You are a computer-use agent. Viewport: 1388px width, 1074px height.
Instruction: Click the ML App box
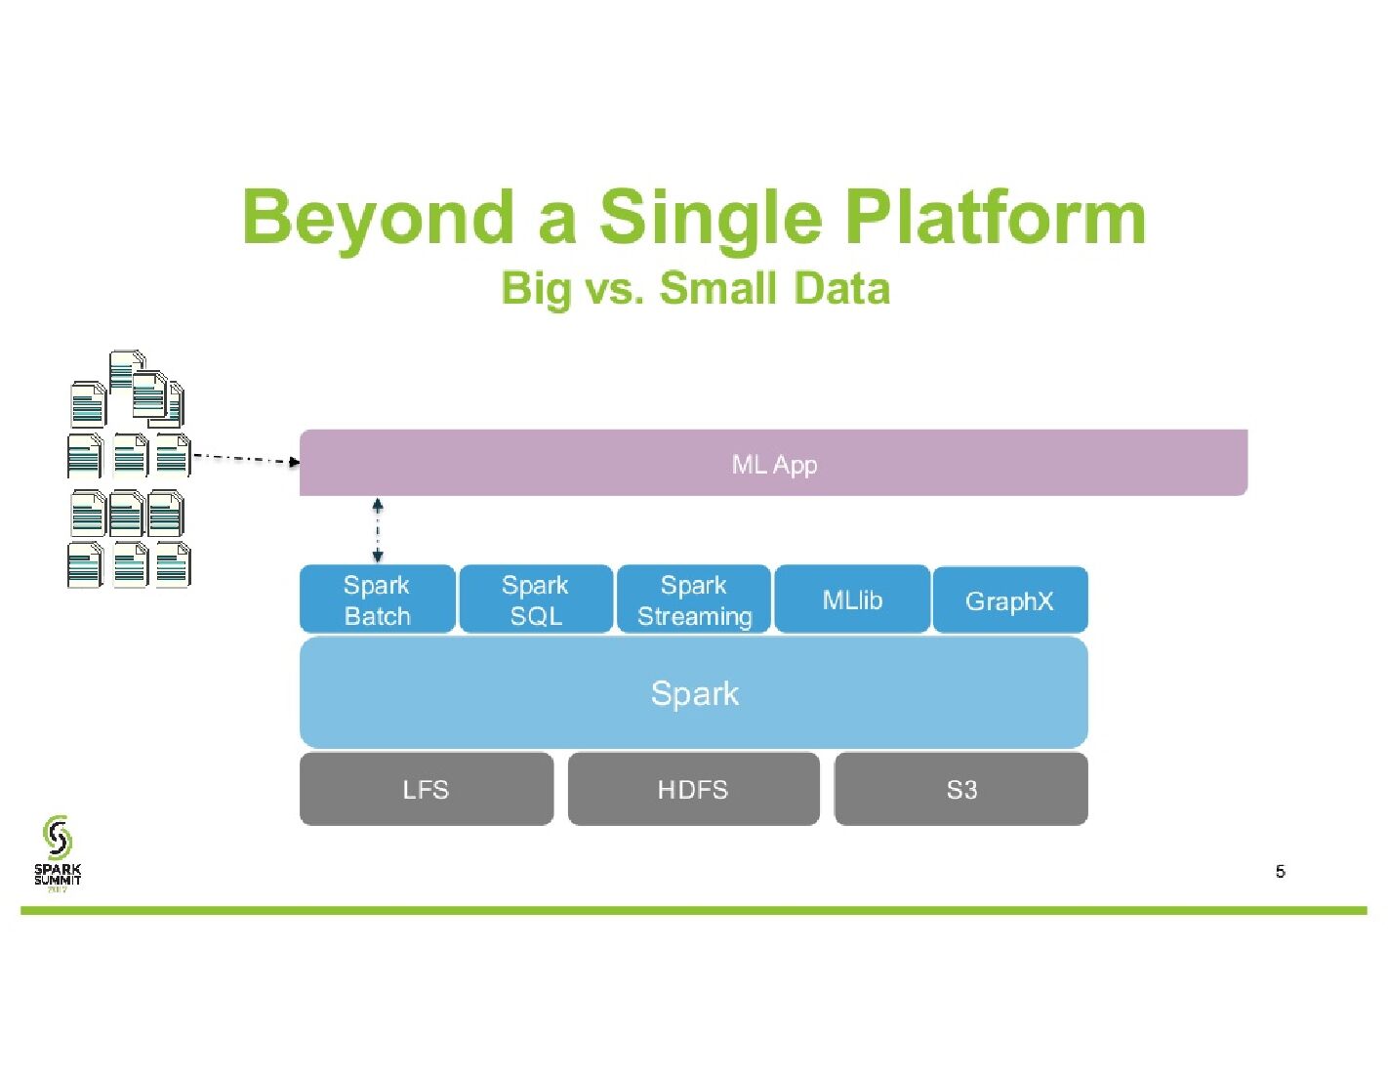[x=773, y=463]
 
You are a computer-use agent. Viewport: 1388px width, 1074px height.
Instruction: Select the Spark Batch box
[x=377, y=599]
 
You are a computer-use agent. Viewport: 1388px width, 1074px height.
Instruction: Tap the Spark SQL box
[x=536, y=599]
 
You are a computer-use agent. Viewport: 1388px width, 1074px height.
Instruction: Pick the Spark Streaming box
[x=694, y=599]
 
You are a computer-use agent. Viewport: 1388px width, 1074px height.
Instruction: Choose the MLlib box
[x=852, y=599]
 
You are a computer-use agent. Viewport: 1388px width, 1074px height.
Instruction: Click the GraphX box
[x=1010, y=600]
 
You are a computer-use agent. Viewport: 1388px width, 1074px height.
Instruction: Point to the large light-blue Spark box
[x=694, y=693]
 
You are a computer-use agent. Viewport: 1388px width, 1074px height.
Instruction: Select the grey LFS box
[x=427, y=789]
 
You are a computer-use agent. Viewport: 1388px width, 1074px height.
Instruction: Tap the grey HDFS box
[x=693, y=789]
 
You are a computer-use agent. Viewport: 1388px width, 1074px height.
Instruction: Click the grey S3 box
[x=961, y=789]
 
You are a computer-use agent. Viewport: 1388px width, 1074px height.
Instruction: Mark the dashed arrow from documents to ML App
[x=245, y=458]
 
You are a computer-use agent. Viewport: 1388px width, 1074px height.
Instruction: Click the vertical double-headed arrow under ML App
[x=378, y=530]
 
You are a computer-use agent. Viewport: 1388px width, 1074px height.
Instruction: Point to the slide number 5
[x=1281, y=871]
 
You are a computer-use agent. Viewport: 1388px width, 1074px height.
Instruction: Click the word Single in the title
[x=710, y=217]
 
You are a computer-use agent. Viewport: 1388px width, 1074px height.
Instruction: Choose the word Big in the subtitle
[x=535, y=289]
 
